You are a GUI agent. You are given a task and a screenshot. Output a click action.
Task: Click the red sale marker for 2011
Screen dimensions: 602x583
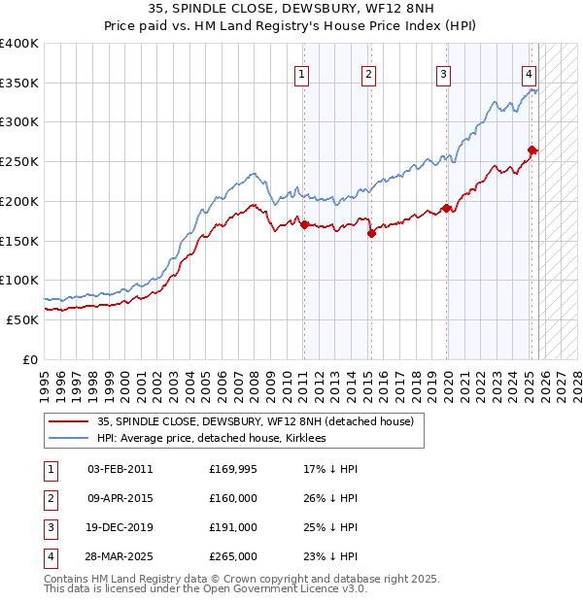click(304, 224)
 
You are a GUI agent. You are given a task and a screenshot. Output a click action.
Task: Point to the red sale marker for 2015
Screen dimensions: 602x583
click(371, 232)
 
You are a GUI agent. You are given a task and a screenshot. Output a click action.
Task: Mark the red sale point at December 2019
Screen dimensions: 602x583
click(447, 208)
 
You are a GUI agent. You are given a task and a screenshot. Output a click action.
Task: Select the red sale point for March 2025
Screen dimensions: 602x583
click(532, 150)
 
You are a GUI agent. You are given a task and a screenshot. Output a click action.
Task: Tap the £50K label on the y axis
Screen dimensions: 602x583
click(22, 319)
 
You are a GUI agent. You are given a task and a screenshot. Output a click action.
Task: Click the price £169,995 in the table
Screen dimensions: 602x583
click(233, 469)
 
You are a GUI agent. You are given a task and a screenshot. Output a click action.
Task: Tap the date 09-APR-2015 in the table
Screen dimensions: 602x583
click(120, 498)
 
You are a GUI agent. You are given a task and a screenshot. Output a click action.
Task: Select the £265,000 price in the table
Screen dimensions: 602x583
click(233, 556)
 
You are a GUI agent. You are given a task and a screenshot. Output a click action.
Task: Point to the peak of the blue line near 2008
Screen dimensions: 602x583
click(252, 174)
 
